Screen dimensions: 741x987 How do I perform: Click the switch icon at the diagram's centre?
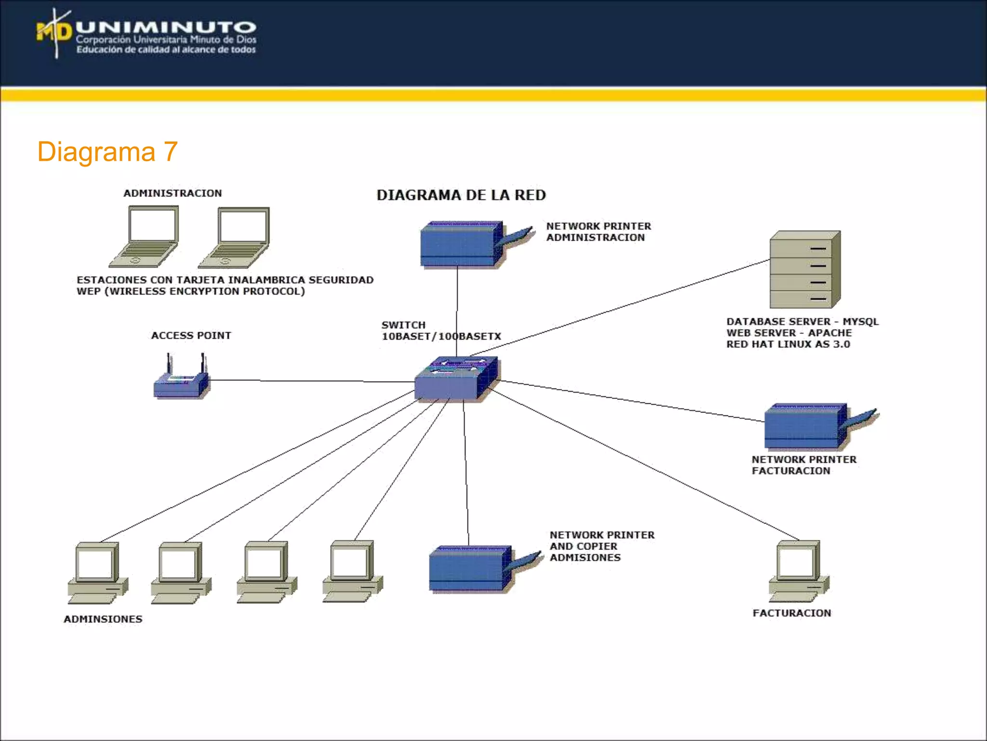456,379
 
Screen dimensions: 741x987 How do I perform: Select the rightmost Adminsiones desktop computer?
352,572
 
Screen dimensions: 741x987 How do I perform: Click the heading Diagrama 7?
107,152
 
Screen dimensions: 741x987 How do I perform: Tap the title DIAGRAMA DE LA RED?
461,195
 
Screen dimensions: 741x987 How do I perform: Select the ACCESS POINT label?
191,335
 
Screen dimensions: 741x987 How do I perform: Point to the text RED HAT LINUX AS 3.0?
788,344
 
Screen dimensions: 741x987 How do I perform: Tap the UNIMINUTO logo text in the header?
166,28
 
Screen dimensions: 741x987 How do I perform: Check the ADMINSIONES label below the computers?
103,619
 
